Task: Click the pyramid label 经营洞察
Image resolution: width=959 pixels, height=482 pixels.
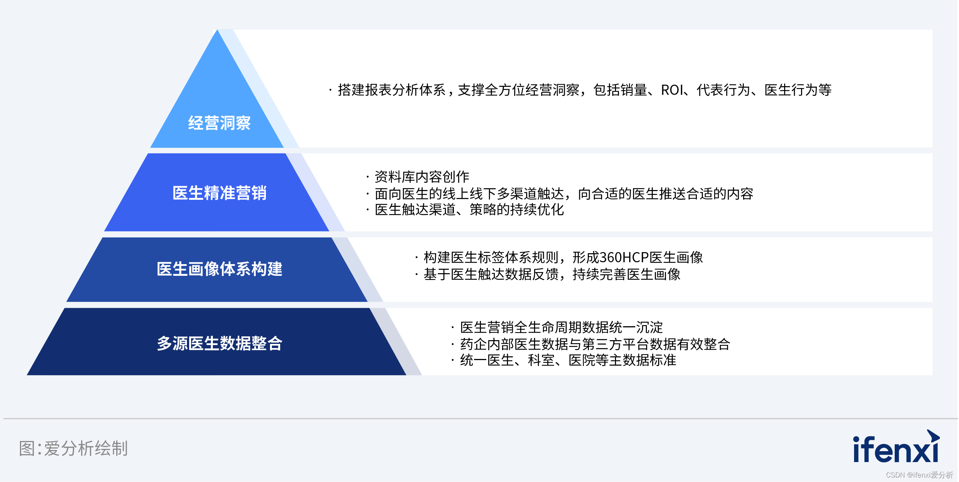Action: [219, 123]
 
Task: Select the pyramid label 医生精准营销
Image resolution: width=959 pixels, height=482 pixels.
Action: [219, 193]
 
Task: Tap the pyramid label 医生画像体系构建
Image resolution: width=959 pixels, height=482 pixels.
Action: [219, 269]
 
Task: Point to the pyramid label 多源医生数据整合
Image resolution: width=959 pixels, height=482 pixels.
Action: [219, 343]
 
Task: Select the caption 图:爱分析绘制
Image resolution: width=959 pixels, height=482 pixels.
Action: [73, 449]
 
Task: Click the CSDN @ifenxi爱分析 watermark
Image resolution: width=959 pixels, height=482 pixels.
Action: [919, 475]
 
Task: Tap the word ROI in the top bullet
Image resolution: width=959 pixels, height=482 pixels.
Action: [672, 90]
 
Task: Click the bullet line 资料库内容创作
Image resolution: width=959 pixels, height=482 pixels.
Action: [418, 176]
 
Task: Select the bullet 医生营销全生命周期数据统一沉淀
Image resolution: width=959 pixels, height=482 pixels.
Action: [557, 327]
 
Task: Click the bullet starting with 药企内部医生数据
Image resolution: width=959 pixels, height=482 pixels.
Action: [591, 344]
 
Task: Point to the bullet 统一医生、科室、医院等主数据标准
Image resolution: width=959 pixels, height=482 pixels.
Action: [564, 360]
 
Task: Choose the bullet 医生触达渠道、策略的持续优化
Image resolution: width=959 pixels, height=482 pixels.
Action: [465, 210]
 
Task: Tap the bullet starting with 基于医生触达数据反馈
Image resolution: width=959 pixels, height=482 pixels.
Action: [548, 274]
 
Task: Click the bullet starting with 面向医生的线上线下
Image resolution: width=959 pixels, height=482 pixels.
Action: [560, 193]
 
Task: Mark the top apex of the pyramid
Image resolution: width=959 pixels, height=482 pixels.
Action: [217, 30]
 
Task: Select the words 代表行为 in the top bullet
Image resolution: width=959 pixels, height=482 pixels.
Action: [723, 90]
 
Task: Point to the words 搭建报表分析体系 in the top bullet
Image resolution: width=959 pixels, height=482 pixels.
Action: [391, 90]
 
